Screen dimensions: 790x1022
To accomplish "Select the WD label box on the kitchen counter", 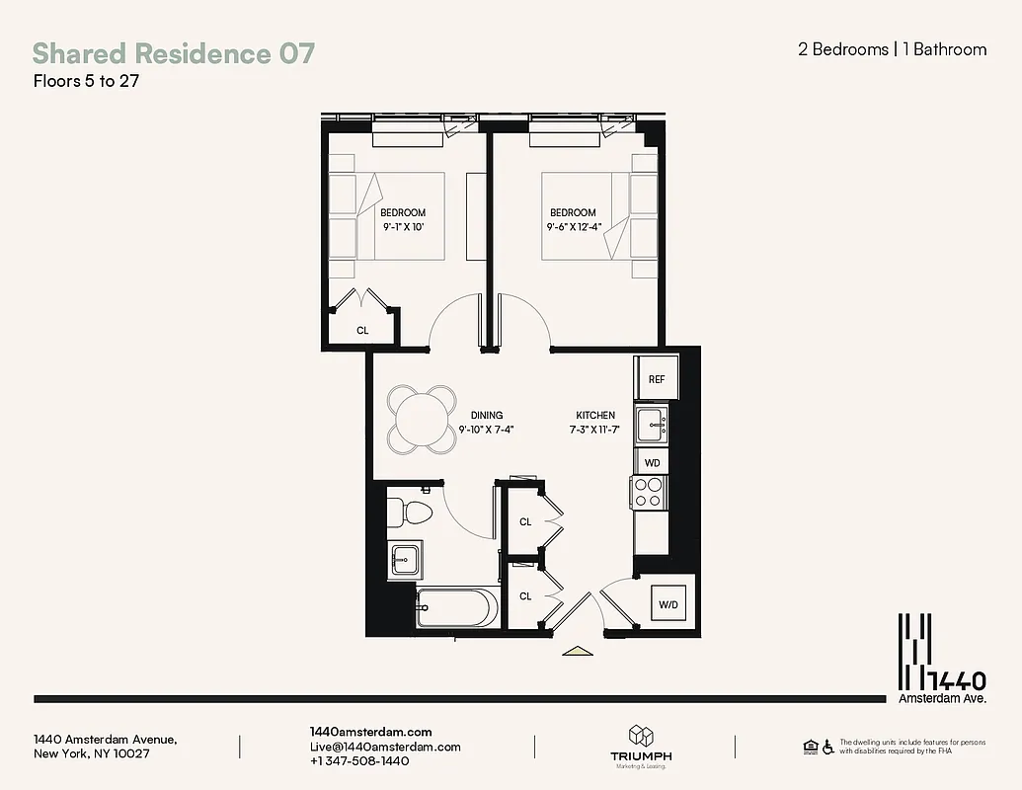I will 652,461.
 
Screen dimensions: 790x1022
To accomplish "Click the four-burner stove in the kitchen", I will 648,492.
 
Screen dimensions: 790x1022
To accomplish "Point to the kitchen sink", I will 651,426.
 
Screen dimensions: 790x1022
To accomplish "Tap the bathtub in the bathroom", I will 457,608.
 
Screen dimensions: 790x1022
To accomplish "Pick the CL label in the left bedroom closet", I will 362,331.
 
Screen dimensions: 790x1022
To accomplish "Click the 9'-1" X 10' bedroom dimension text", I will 403,227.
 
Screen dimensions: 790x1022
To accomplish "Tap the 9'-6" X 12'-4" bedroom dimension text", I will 573,227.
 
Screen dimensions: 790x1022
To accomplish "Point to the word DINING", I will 487,416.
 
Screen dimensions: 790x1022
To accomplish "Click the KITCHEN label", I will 595,416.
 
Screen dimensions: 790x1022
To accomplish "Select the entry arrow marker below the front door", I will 576,651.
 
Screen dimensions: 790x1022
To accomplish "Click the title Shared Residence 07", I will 174,53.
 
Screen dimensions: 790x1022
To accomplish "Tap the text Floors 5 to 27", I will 85,82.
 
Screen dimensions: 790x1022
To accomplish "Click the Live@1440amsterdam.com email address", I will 385,747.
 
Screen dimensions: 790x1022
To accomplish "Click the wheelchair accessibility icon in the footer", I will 827,747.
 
